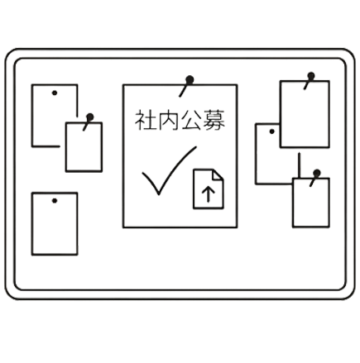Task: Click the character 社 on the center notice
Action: pos(145,120)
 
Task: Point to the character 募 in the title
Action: pos(214,120)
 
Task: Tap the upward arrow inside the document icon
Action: pos(209,193)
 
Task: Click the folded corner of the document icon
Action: pos(218,175)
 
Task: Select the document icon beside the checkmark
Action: pos(209,189)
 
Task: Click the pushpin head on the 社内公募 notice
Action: pos(190,80)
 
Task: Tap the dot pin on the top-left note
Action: pos(55,93)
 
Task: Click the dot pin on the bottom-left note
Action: pos(55,201)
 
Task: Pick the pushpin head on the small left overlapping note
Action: pos(89,117)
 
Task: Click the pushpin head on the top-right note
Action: pos(311,76)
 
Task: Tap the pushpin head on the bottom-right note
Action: pos(317,173)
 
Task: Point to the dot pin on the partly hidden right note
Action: pos(271,131)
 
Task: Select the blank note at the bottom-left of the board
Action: pos(55,224)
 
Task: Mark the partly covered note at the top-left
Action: pos(32,116)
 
